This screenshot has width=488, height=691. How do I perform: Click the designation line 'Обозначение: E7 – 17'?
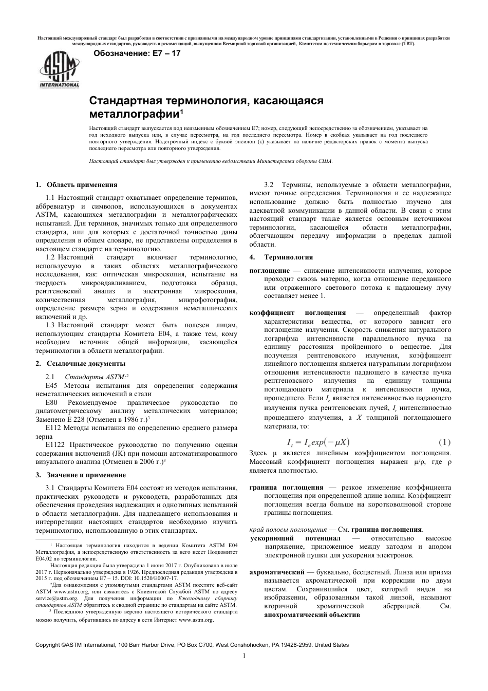[137, 53]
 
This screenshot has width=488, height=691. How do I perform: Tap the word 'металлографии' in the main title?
[134, 113]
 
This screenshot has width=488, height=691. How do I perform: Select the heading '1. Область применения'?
[77, 185]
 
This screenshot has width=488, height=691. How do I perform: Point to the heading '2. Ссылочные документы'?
[80, 364]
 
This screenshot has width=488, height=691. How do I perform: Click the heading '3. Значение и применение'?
[81, 475]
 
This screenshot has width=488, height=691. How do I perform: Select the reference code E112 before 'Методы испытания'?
[53, 427]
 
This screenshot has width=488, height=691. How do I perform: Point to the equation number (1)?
[444, 442]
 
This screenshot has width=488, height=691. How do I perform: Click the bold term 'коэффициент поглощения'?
[297, 313]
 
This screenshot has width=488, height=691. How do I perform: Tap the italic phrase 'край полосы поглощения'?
[288, 529]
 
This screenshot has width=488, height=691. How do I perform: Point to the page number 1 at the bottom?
[244, 656]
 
